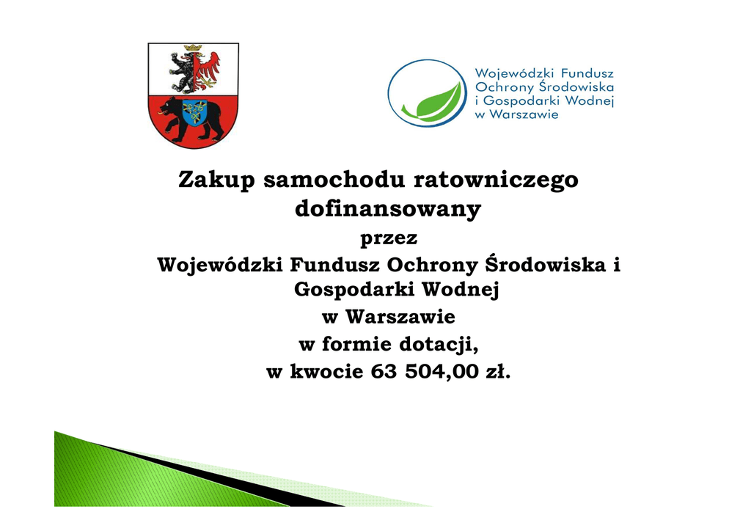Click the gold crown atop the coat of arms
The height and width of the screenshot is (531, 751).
[193, 48]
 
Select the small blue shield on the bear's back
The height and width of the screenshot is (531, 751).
[194, 112]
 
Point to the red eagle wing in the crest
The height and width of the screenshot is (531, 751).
[210, 65]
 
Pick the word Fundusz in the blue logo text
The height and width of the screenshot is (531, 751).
[587, 73]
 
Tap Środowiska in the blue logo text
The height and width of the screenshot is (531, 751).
[576, 87]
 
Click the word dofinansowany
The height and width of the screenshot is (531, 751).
[388, 209]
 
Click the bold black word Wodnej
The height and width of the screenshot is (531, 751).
[461, 290]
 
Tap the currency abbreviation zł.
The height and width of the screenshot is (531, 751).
[498, 372]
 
